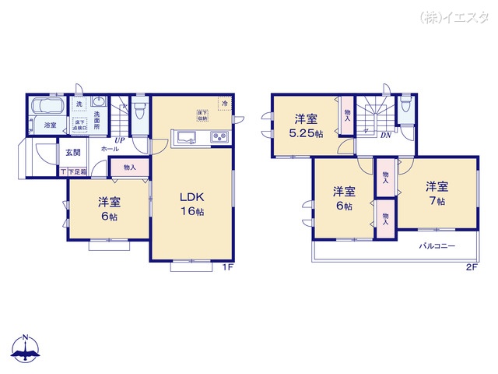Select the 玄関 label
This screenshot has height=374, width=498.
click(x=72, y=153)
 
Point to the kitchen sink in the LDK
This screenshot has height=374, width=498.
click(x=187, y=139)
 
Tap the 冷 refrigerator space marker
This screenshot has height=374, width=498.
click(x=224, y=104)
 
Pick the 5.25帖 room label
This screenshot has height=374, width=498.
click(x=305, y=126)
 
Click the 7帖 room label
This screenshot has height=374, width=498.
click(x=436, y=194)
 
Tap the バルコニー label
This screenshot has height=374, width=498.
click(x=437, y=246)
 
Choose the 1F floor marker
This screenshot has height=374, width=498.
click(x=229, y=268)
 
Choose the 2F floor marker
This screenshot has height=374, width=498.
click(x=471, y=268)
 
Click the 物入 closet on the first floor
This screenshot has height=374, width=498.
click(x=129, y=167)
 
